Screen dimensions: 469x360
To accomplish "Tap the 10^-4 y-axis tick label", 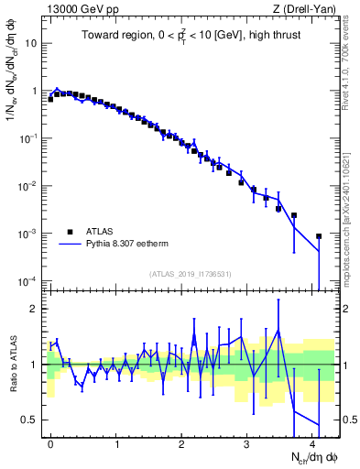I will (27, 281).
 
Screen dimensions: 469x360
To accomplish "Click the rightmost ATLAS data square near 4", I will (319, 236).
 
